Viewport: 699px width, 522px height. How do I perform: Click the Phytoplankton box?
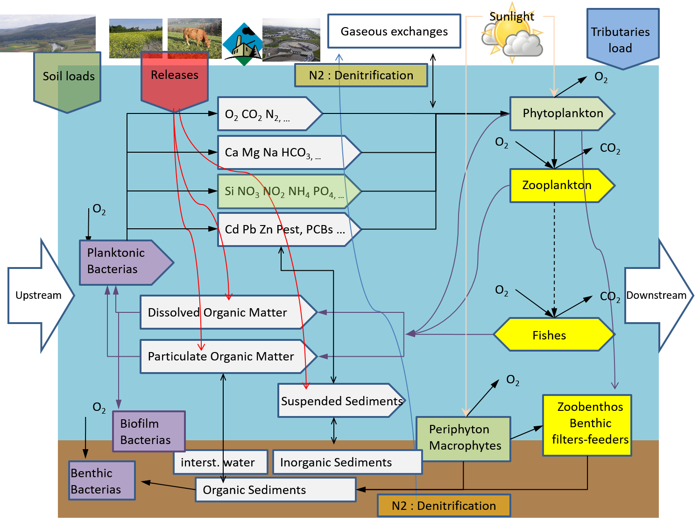point(560,113)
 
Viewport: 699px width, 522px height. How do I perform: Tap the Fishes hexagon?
point(553,335)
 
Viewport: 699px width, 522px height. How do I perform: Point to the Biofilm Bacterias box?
point(148,431)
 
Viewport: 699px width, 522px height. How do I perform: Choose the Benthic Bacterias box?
point(102,481)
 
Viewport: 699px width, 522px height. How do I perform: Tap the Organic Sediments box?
point(275,490)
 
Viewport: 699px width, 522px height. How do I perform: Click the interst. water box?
point(220,462)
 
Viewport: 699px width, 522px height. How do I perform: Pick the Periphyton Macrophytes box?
point(463,438)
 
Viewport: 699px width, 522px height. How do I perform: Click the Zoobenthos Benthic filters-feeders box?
point(587,425)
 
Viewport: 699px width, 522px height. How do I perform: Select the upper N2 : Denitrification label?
point(360,75)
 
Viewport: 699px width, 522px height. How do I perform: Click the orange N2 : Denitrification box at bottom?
point(443,506)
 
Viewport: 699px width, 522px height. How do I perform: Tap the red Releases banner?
point(174,79)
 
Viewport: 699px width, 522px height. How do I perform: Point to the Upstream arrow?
point(40,295)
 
